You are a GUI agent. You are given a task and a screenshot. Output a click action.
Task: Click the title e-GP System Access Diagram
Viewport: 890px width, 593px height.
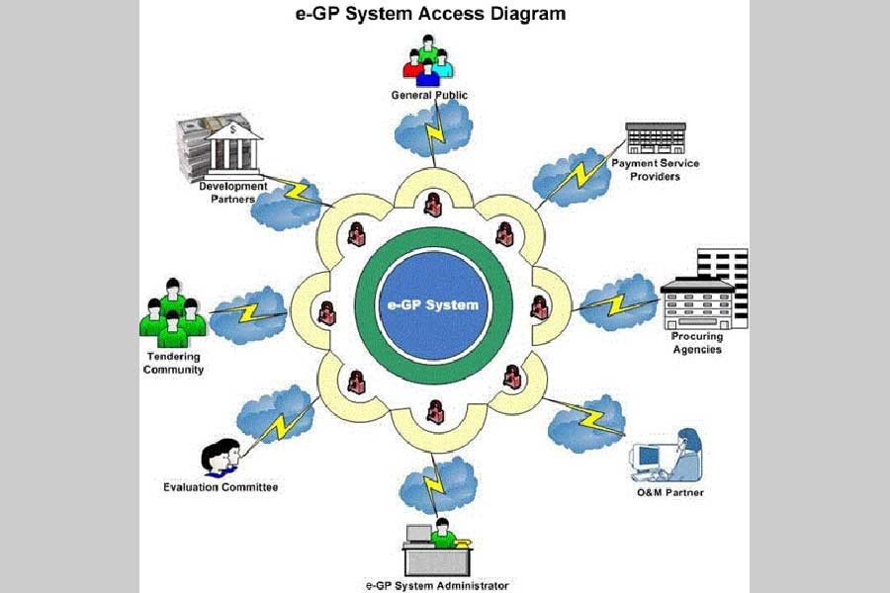pos(432,15)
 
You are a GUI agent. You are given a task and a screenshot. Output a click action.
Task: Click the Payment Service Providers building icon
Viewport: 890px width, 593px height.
pos(655,137)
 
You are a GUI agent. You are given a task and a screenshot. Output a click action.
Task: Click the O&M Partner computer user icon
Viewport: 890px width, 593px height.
pos(667,455)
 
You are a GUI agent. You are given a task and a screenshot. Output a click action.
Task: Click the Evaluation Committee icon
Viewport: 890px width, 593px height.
pos(221,459)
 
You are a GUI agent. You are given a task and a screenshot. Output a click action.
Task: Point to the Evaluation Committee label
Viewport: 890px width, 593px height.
pos(221,486)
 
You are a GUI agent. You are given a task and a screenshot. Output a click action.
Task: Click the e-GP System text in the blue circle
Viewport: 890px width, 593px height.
pos(433,304)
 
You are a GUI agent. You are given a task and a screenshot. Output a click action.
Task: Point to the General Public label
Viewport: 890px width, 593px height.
pos(428,95)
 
